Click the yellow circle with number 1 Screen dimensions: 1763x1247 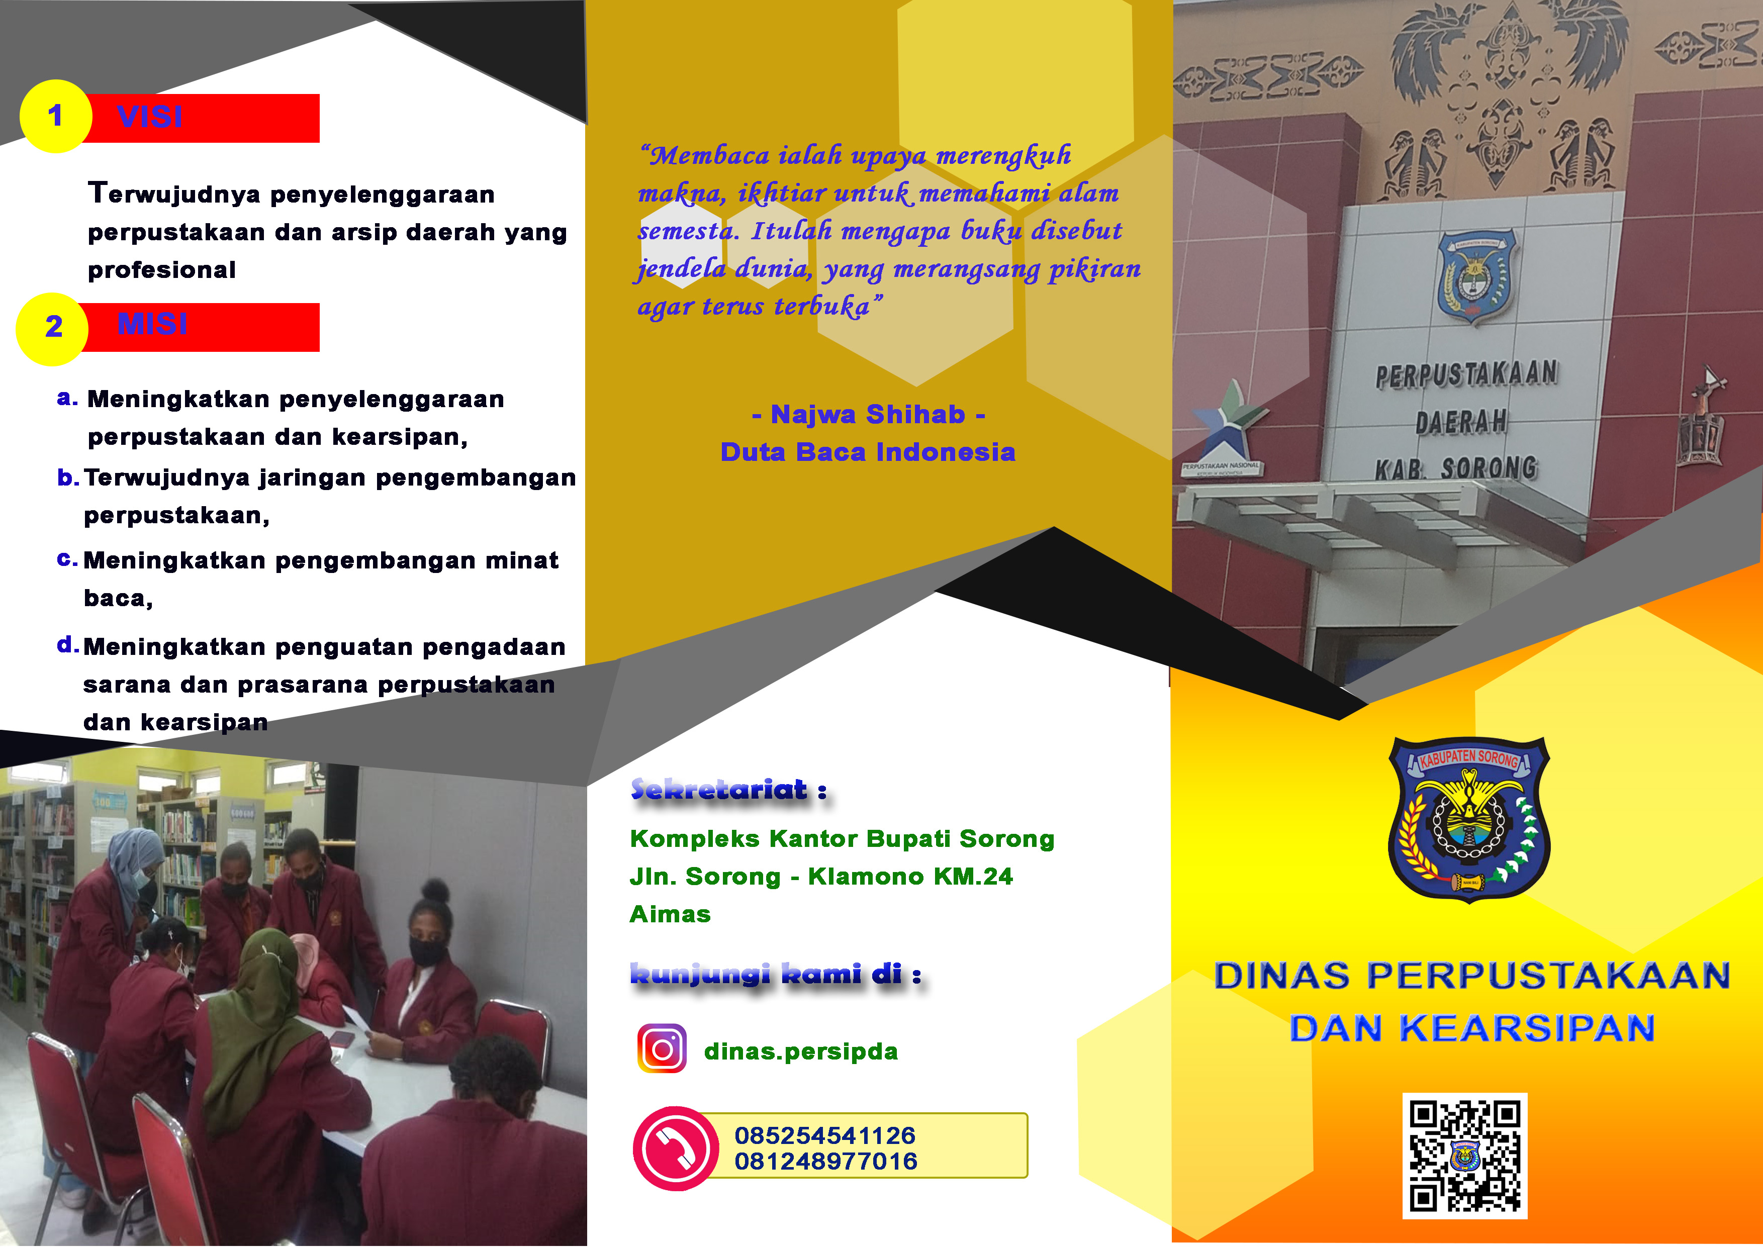pyautogui.click(x=55, y=117)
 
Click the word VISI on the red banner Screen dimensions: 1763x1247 pyautogui.click(x=150, y=117)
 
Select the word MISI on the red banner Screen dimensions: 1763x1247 pyautogui.click(x=152, y=324)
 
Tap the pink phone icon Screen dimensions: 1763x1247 pyautogui.click(x=676, y=1148)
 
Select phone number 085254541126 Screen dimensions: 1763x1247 pyautogui.click(x=825, y=1135)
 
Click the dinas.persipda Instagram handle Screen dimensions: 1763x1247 pyautogui.click(x=801, y=1051)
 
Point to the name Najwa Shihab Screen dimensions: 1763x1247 pyautogui.click(x=868, y=415)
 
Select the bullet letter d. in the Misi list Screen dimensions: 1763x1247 pyautogui.click(x=67, y=644)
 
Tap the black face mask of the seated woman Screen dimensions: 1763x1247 pyautogui.click(x=427, y=952)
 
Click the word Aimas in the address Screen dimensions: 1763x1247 pyautogui.click(x=670, y=914)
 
